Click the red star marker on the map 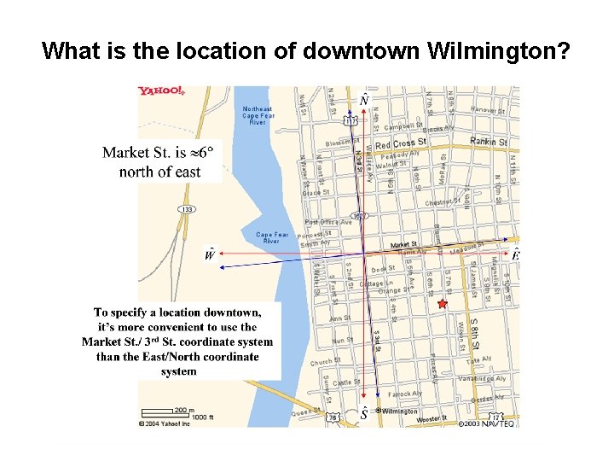click(441, 304)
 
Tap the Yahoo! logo click(162, 92)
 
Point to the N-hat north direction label click(364, 101)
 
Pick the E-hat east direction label click(516, 254)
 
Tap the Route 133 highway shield click(186, 209)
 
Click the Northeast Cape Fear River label click(258, 115)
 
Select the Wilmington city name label click(399, 411)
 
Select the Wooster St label click(432, 418)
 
